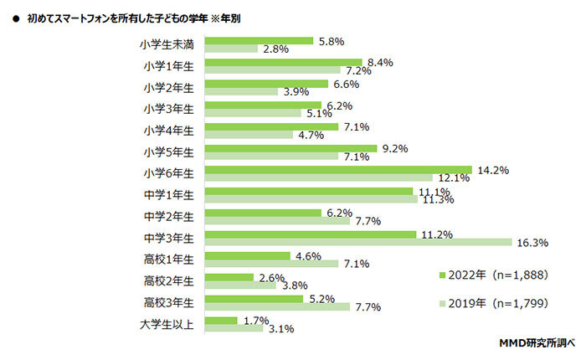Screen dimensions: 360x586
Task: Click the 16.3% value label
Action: (532, 243)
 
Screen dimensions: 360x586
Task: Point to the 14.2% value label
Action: (493, 170)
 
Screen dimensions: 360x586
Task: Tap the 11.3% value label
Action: (438, 200)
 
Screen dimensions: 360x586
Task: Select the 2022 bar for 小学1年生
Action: (284, 61)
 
